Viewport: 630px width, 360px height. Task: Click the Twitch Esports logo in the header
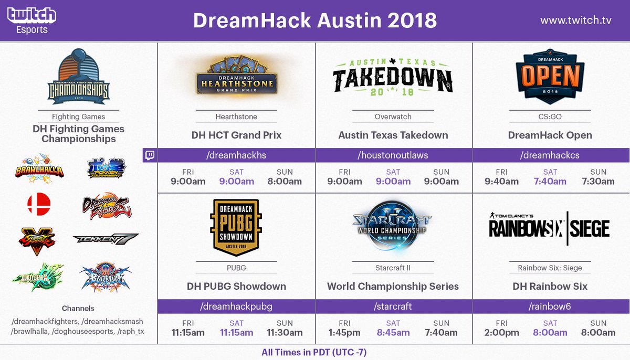(x=31, y=20)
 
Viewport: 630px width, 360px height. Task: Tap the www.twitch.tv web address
(x=575, y=20)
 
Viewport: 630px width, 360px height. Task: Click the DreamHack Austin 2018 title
(x=314, y=20)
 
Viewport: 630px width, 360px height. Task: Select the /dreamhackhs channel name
(x=236, y=155)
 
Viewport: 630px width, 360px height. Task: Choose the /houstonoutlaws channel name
(x=393, y=155)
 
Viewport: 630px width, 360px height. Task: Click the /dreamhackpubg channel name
(x=236, y=306)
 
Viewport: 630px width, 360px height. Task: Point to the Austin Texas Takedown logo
(x=393, y=78)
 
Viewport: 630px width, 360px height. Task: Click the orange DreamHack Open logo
(x=550, y=78)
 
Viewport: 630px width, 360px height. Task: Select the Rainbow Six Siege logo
(x=550, y=229)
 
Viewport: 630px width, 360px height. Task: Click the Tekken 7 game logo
(x=106, y=239)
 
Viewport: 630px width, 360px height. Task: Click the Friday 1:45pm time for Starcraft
(x=344, y=333)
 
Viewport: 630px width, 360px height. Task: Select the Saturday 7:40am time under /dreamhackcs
(x=550, y=182)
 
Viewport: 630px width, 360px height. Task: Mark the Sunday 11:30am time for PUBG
(x=284, y=333)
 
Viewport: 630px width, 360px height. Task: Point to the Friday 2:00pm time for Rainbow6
(x=502, y=333)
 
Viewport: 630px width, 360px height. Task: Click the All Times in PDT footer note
(x=314, y=352)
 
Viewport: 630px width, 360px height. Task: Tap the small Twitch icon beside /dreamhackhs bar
(x=150, y=155)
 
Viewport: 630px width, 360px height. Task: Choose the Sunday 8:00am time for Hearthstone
(x=284, y=182)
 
